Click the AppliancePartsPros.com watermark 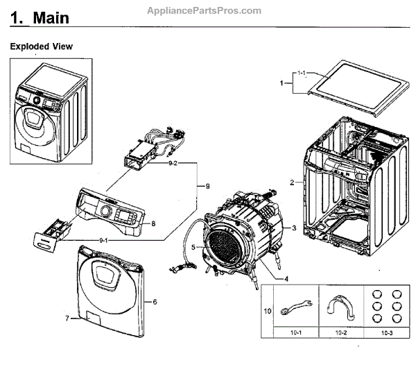204,11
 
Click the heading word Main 51,18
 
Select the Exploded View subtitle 41,46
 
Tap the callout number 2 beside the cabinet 292,182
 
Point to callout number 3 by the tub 294,228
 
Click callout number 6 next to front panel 155,302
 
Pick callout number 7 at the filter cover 67,318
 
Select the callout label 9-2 173,163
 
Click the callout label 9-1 103,241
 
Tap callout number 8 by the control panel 153,223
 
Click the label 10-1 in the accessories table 296,332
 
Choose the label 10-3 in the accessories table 387,333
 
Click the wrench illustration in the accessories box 296,307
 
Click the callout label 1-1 302,73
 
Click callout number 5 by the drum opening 193,247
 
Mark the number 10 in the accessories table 268,311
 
